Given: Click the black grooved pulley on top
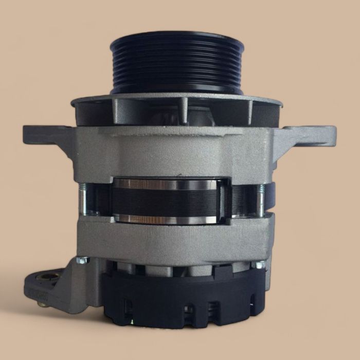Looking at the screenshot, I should pos(176,67).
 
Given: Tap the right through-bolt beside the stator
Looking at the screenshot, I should pos(261,201).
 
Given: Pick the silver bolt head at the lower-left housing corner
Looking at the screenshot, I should pos(82,261).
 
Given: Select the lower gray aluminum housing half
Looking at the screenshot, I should pos(175,242).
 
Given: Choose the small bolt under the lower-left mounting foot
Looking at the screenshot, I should pos(41,304).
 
